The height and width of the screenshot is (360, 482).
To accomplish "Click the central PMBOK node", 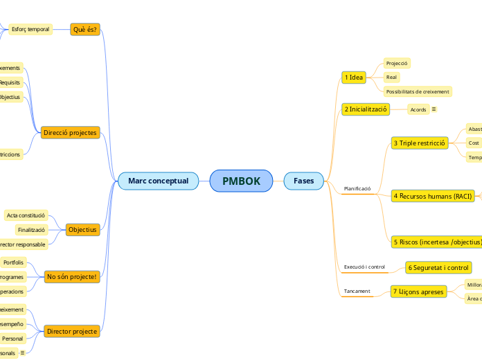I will (x=241, y=181).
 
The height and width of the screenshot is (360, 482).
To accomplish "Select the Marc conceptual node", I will (x=158, y=181).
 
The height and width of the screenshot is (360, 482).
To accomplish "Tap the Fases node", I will (x=303, y=181).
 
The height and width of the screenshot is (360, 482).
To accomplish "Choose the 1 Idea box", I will (x=354, y=78).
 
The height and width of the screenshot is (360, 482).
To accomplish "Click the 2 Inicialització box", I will (x=366, y=109).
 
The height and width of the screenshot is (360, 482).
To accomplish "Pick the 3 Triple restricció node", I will (x=420, y=143).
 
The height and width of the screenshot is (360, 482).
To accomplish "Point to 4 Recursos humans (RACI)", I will (x=433, y=197).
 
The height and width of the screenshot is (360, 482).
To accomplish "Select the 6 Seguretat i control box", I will (x=438, y=267).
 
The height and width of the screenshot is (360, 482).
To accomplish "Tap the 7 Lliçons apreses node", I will (x=418, y=291).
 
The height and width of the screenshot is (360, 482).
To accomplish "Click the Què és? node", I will (x=85, y=29).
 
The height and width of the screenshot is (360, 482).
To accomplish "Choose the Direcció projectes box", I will (x=69, y=132).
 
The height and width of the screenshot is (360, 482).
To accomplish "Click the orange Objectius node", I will (x=82, y=229).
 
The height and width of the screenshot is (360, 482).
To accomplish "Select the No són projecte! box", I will (x=72, y=276).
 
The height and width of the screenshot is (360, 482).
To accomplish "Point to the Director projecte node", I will (x=71, y=332).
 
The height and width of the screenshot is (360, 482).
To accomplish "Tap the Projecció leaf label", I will (x=397, y=63).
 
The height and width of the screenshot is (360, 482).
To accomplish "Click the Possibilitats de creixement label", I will (x=418, y=91).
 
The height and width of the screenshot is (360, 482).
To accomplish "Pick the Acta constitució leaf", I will (x=26, y=215).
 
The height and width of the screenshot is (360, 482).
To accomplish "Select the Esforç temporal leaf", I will (x=30, y=29).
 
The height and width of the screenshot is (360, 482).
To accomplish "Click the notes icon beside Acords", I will (x=434, y=109).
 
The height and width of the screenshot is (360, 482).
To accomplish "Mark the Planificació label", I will (x=357, y=188).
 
